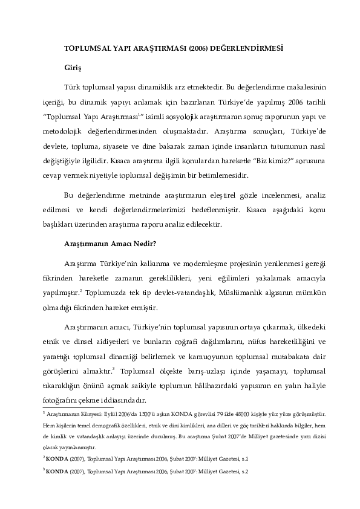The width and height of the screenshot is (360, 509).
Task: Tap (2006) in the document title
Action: [x=199, y=48]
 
